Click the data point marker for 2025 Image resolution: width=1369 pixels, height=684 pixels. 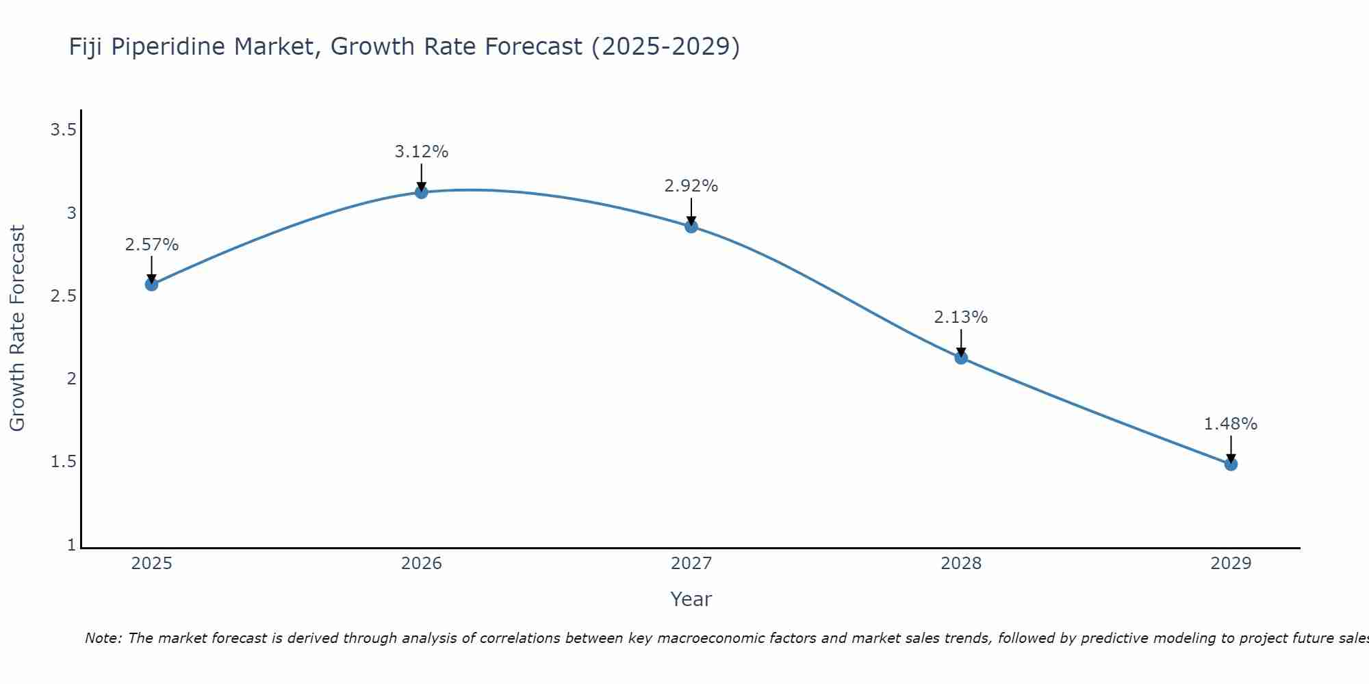(151, 285)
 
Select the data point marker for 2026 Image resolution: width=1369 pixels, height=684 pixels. (422, 192)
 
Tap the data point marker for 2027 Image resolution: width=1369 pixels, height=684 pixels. (691, 226)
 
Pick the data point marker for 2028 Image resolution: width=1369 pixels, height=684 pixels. (961, 358)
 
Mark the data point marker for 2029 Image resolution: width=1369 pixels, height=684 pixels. (1231, 464)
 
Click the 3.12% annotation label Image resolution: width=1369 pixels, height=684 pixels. (422, 152)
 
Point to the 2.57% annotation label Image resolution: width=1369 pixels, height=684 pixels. (151, 245)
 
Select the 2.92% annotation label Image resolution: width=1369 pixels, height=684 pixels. (691, 186)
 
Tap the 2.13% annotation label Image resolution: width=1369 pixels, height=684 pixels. (961, 317)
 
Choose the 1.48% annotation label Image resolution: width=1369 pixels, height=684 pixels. (1231, 424)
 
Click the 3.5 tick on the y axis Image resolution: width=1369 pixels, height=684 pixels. (63, 130)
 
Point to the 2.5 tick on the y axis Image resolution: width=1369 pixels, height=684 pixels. (63, 296)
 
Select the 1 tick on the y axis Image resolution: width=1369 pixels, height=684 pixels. (71, 545)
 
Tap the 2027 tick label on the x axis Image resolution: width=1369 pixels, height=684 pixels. (691, 564)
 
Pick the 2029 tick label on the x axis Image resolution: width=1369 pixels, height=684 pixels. (1231, 564)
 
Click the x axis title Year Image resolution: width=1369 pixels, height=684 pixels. (691, 599)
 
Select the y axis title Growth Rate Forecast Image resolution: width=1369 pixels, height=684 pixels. (17, 328)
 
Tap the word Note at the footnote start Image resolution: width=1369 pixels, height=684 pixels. (103, 638)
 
